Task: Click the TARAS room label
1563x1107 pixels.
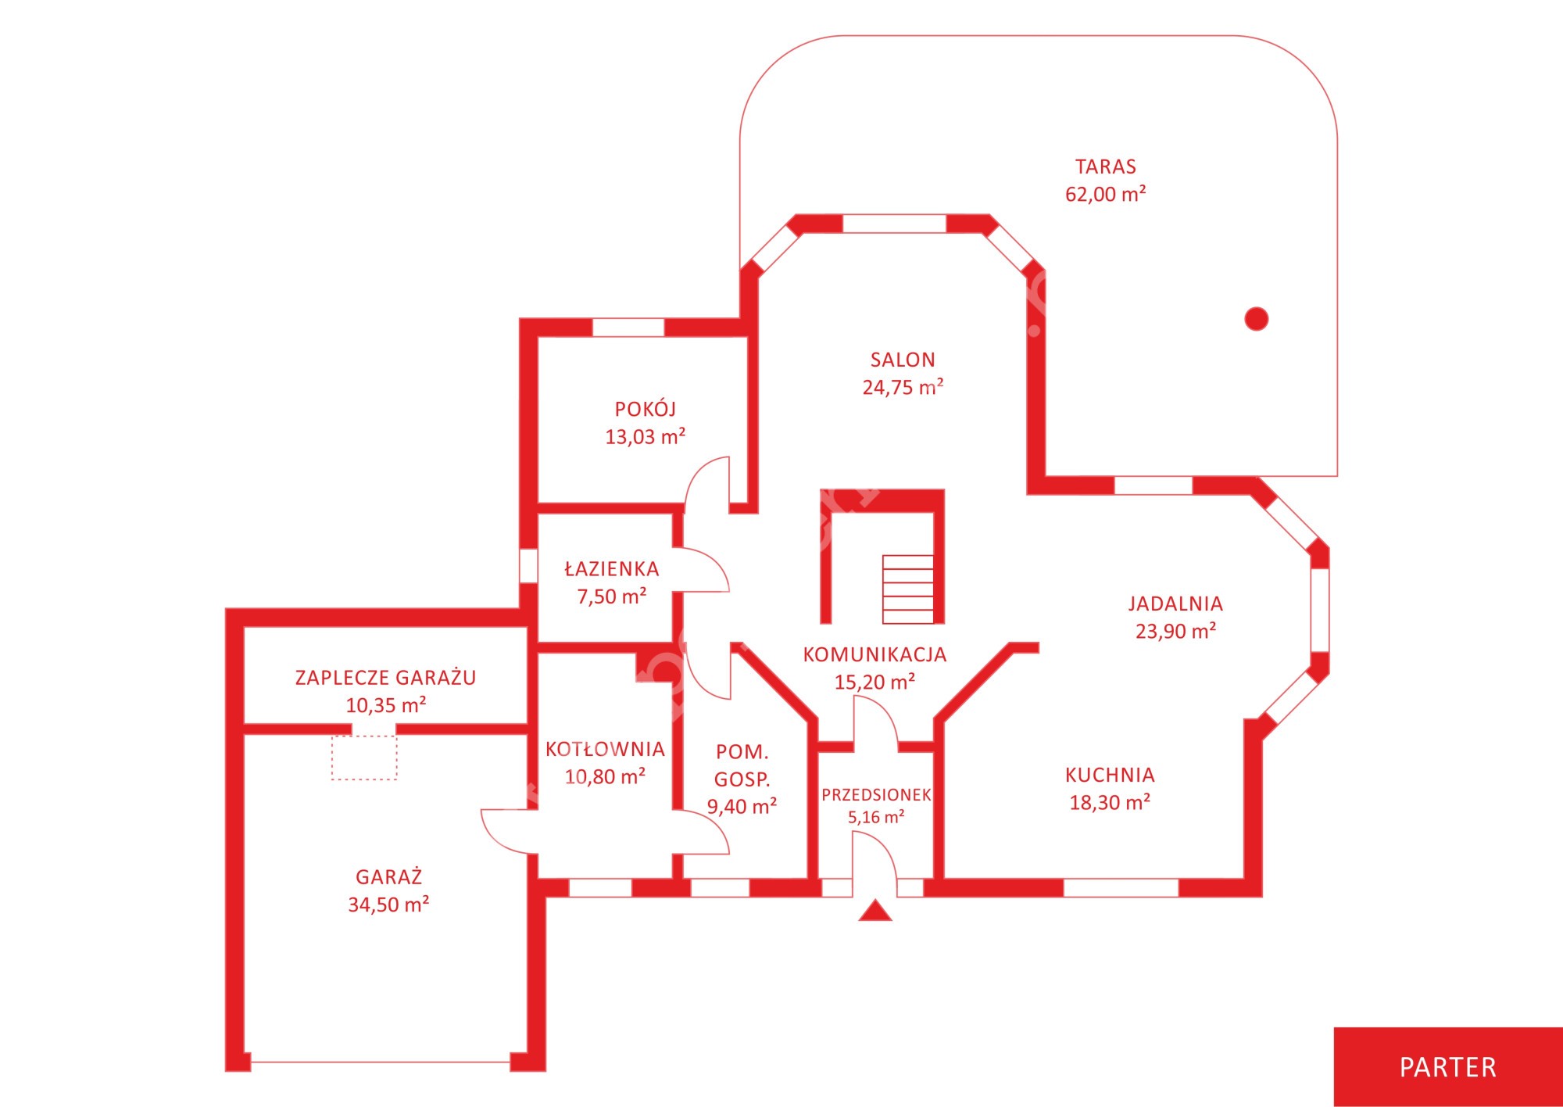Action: (1105, 167)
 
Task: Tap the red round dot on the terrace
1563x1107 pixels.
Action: (1256, 319)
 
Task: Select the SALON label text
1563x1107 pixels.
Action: (903, 360)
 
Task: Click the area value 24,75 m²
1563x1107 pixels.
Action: (903, 387)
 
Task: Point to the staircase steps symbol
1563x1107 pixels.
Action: (908, 589)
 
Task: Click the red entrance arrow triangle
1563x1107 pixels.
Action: (875, 910)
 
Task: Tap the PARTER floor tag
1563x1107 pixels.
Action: (1447, 1067)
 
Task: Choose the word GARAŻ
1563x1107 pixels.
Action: (388, 876)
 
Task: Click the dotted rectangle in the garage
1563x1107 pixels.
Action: (364, 758)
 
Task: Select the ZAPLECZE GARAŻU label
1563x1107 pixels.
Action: (385, 677)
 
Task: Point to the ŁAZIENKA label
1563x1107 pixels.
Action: (612, 568)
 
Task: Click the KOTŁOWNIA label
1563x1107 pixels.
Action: (605, 749)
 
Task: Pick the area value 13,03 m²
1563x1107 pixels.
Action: (646, 436)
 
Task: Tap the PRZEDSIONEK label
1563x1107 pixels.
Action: (876, 795)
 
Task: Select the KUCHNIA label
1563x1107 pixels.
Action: (1110, 775)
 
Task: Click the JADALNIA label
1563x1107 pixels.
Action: (1175, 604)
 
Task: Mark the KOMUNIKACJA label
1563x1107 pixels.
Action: (874, 654)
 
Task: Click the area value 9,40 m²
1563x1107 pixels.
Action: (742, 806)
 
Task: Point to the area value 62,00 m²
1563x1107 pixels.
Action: (1105, 194)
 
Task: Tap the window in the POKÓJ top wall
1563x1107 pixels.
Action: (628, 328)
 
